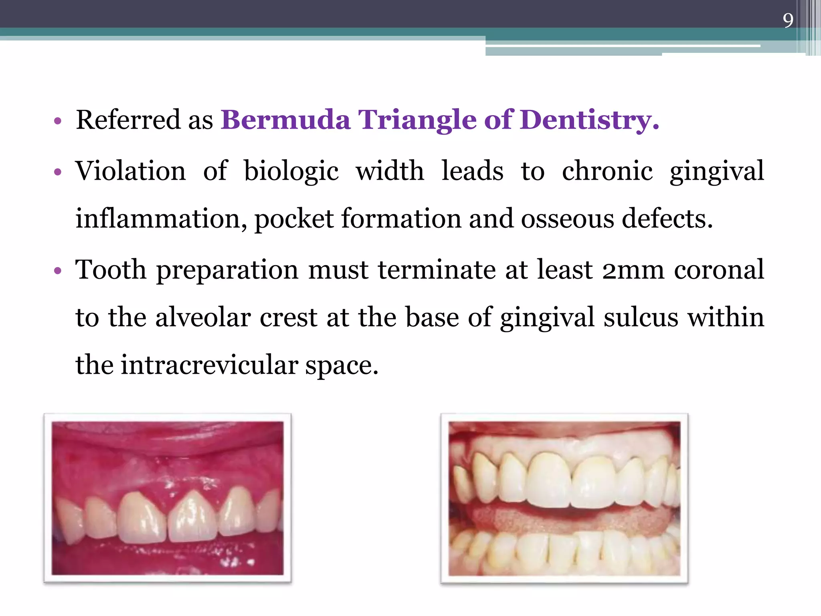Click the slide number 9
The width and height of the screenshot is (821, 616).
(788, 20)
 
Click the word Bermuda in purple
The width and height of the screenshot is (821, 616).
(285, 120)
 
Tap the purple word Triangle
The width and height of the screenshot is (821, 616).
(417, 120)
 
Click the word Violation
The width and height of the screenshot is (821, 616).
(131, 171)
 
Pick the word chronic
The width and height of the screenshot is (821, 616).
(607, 171)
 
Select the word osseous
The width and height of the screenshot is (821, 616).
(567, 220)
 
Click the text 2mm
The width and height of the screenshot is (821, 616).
(633, 270)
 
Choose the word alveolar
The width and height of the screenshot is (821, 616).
(203, 318)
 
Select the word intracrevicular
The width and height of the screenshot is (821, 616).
(209, 365)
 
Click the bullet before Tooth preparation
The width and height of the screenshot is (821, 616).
(58, 271)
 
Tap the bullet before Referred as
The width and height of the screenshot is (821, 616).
(58, 121)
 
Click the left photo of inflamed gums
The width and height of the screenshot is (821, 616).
(168, 498)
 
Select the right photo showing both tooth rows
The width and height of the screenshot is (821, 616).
(564, 498)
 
